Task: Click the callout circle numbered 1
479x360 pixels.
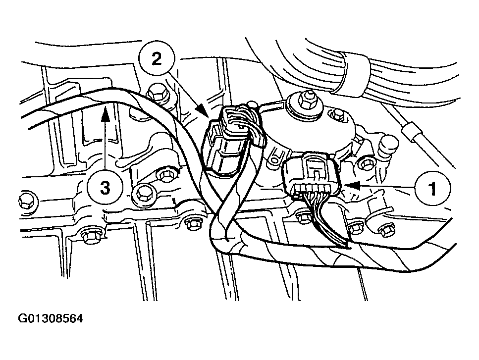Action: coord(431,188)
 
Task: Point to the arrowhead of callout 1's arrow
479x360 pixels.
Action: coord(347,185)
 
